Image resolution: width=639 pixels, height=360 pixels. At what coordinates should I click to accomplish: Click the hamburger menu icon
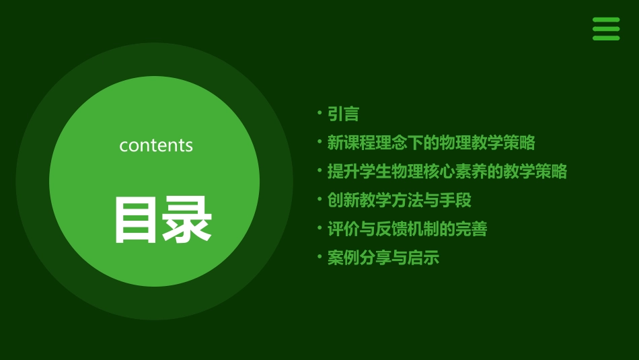(606, 29)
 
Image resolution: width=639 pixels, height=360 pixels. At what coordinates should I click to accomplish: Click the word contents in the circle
(156, 145)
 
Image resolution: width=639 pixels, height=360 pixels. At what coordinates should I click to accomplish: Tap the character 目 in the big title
(137, 219)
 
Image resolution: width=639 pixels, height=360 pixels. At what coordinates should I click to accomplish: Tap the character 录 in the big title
(187, 219)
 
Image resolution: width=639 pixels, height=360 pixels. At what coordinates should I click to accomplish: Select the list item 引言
(343, 114)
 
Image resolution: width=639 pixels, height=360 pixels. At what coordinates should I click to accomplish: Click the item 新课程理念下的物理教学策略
(431, 143)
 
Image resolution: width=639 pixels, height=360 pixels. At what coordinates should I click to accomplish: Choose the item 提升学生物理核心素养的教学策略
(447, 172)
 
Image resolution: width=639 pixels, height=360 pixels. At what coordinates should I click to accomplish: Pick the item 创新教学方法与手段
(399, 201)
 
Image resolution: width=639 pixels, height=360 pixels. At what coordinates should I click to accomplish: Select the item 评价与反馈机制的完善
(407, 229)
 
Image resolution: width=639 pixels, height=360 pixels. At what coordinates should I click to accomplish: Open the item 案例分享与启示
(383, 258)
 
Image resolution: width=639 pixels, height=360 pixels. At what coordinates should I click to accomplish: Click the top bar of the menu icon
(606, 20)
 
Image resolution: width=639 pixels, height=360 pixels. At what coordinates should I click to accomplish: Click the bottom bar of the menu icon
(606, 38)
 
